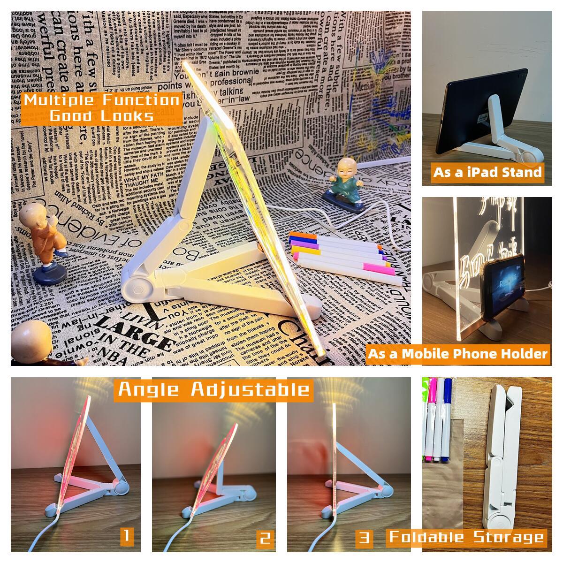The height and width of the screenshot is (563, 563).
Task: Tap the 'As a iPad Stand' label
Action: pos(487,172)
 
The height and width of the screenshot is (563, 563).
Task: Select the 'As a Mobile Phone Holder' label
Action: pos(457,353)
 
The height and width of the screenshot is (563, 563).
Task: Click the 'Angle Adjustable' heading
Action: pos(213,389)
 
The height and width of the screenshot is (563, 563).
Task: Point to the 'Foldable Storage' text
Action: pos(466,537)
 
